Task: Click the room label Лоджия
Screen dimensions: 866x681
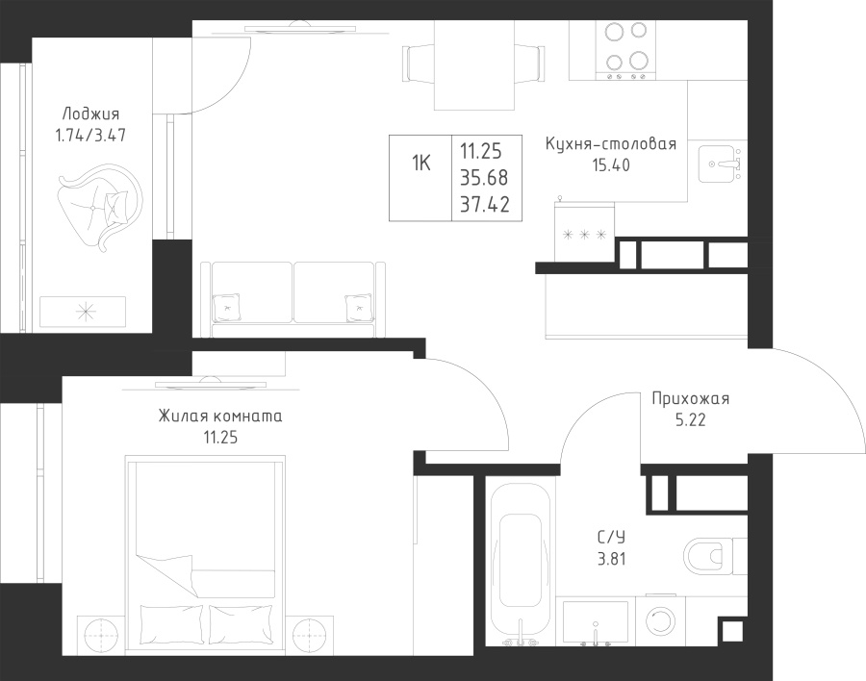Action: tap(90, 114)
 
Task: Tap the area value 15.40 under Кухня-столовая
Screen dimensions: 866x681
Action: tap(611, 165)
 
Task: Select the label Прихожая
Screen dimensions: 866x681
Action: tap(690, 399)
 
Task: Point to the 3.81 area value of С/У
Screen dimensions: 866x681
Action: tap(611, 559)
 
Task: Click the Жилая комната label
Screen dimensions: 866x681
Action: tap(220, 416)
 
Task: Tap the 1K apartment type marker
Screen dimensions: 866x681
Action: tap(420, 164)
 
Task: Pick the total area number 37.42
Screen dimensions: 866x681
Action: tap(485, 205)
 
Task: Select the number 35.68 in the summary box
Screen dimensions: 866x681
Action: tap(484, 178)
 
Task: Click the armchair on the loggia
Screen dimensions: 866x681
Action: tap(100, 206)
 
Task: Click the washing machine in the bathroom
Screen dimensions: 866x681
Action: tap(660, 620)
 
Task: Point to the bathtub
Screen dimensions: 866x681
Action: tap(520, 565)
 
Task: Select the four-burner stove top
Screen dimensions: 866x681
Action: tap(625, 50)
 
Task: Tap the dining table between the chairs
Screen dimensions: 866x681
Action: tap(473, 65)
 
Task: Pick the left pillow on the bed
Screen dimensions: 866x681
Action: tap(172, 624)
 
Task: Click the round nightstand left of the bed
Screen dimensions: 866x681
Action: tap(101, 636)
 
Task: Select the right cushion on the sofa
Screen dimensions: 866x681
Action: tap(359, 308)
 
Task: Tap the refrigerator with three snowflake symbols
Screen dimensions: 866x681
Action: tap(584, 232)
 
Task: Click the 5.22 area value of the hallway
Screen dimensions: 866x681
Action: tap(690, 420)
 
